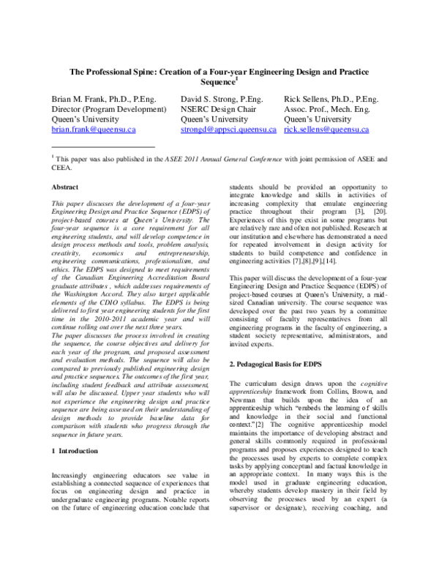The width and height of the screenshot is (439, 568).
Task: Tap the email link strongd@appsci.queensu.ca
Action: (228, 130)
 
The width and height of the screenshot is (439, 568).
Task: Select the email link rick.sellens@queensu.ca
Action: (326, 130)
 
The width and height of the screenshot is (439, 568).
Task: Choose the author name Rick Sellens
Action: (308, 98)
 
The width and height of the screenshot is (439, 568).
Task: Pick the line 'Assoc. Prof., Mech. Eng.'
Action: (327, 108)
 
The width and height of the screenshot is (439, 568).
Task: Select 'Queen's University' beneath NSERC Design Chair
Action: (214, 119)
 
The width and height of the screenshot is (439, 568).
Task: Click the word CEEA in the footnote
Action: (64, 167)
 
